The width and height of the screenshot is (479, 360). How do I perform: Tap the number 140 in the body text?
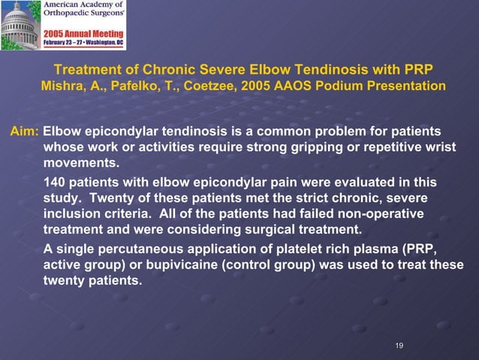pyautogui.click(x=55, y=183)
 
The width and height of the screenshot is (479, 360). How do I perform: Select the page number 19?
pyautogui.click(x=399, y=345)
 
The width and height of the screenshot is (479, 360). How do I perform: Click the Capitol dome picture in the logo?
pyautogui.click(x=20, y=25)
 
